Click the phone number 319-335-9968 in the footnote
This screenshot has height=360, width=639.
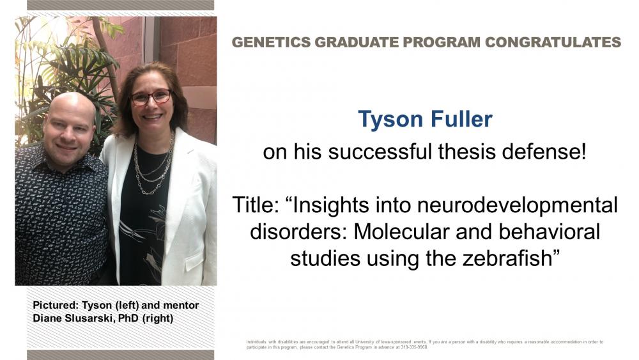[x=414, y=347]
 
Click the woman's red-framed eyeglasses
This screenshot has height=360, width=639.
[x=151, y=97]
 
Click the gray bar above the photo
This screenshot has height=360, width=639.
[x=120, y=5]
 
